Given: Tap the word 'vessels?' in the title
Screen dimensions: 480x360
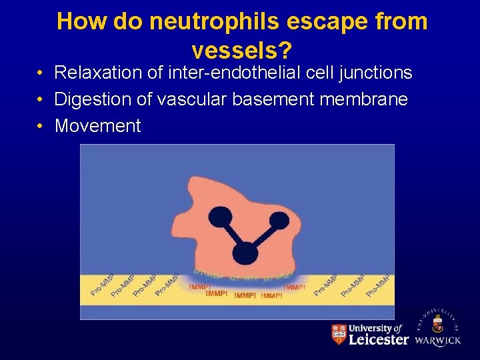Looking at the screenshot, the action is (243, 50).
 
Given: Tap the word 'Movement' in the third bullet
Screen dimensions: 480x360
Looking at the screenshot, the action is (98, 126).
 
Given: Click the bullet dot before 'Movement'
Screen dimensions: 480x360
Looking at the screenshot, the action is (41, 126).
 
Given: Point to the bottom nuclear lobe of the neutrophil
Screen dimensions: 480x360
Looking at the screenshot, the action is (245, 252).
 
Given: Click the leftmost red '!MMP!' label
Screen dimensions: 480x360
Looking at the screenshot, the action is (199, 287).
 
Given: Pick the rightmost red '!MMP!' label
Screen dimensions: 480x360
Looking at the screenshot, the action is (294, 287).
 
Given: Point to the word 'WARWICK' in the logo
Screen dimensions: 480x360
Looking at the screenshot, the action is (437, 340).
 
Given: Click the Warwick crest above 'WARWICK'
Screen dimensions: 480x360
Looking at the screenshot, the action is (437, 325).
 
